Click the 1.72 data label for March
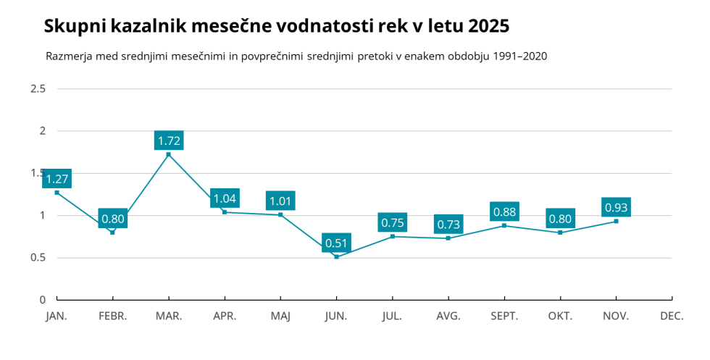click(x=169, y=141)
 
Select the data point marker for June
click(x=336, y=257)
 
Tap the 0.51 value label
click(x=336, y=243)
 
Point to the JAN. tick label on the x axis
click(x=57, y=317)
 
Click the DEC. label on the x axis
click(x=672, y=317)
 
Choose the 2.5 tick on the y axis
click(x=38, y=89)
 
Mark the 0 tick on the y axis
click(x=42, y=300)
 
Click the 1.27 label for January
click(x=57, y=179)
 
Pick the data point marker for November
click(x=616, y=221)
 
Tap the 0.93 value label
click(x=616, y=208)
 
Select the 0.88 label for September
click(x=504, y=212)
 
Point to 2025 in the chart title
click(x=488, y=27)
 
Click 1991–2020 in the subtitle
click(x=519, y=56)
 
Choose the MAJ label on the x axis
click(x=280, y=317)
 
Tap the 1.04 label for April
click(x=225, y=198)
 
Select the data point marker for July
click(x=393, y=236)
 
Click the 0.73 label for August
click(x=448, y=225)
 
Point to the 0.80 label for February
click(x=112, y=219)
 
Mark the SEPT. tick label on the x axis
click(x=504, y=317)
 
